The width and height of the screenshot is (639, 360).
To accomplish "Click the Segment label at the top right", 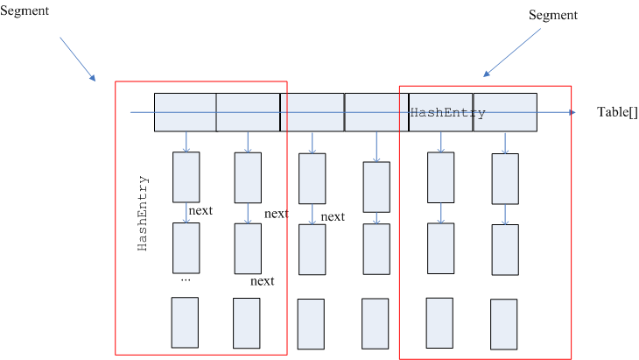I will click(553, 16).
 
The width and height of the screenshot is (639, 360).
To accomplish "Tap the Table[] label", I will click(618, 113).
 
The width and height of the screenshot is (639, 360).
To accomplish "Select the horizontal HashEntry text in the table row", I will click(447, 113).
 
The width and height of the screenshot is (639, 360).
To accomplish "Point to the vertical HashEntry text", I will click(144, 215).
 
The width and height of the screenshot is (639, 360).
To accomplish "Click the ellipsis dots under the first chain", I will click(185, 280).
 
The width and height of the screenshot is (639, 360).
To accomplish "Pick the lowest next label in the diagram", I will click(262, 281).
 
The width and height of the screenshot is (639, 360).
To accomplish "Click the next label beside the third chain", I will click(332, 217).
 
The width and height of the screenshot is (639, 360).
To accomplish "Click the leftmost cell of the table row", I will click(185, 112).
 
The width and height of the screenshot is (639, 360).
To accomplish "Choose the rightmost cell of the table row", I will click(505, 112).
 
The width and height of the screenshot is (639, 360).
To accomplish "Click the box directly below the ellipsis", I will click(185, 322).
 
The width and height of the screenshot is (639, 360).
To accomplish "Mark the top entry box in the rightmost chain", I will click(504, 179).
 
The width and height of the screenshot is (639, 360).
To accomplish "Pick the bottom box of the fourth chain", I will click(376, 324).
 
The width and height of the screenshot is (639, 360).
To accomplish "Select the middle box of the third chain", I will click(312, 251).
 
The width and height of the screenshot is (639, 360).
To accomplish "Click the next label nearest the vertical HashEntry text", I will click(200, 210).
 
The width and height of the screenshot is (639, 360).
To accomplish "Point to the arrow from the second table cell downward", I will click(248, 142).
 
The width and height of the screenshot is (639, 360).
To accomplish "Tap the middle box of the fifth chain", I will click(440, 249).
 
